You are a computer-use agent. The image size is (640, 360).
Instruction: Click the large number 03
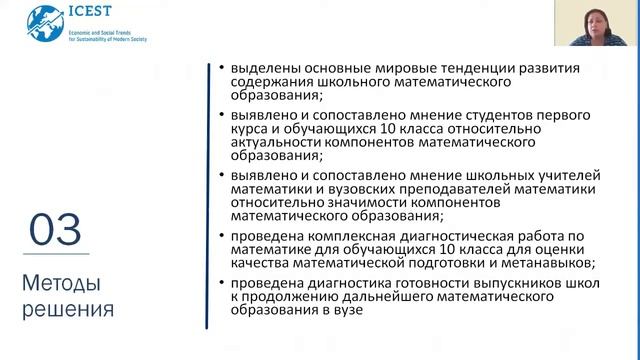tap(55, 231)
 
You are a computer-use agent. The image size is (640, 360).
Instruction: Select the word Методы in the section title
tap(59, 285)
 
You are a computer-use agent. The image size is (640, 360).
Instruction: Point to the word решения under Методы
tap(67, 309)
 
